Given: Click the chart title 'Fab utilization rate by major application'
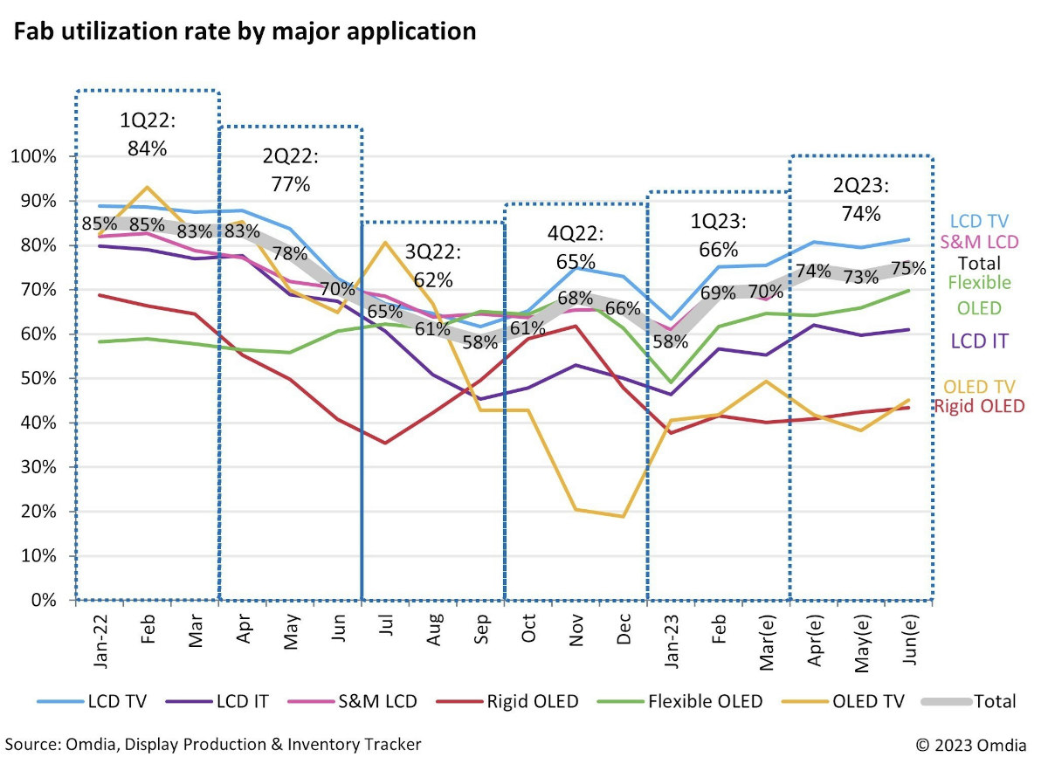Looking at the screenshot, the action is coord(245,32).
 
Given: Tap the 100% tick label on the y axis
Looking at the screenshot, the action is coord(34,156).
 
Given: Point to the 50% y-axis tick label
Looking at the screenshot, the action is coord(38,378).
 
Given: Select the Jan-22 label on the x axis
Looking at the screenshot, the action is coord(100,641).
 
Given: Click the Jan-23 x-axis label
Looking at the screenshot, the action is coord(672,641).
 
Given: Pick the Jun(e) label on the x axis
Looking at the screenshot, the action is coord(909,640).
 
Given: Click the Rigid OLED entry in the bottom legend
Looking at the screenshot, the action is coord(507,701).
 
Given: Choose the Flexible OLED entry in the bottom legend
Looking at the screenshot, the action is coord(680,701).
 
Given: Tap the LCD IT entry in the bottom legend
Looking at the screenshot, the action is coord(217,701).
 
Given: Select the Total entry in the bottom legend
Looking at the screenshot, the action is coord(969,701).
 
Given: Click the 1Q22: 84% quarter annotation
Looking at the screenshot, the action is coord(148,134).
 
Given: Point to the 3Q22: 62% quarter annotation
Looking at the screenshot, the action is coord(433,265).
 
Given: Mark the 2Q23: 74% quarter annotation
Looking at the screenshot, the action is coord(861,200).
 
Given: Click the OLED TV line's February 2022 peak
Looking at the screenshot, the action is coord(148,187).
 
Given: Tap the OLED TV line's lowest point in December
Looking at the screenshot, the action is coord(623,517).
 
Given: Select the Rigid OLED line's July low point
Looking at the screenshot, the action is coord(385,443).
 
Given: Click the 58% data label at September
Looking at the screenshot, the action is coord(480,342).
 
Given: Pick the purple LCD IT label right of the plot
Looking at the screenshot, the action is coord(979,341).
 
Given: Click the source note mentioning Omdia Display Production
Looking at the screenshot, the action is coord(213,745).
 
